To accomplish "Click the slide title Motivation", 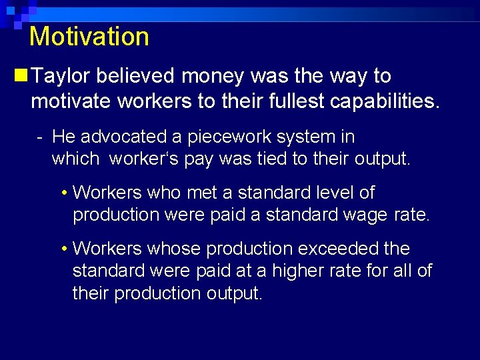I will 89,36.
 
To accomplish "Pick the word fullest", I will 283,103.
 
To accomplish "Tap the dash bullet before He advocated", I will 41,137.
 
